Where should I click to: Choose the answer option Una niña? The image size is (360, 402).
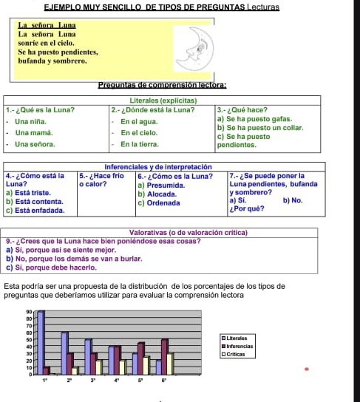pos(31,120)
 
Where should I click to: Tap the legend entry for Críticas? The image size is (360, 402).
pos(237,353)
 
